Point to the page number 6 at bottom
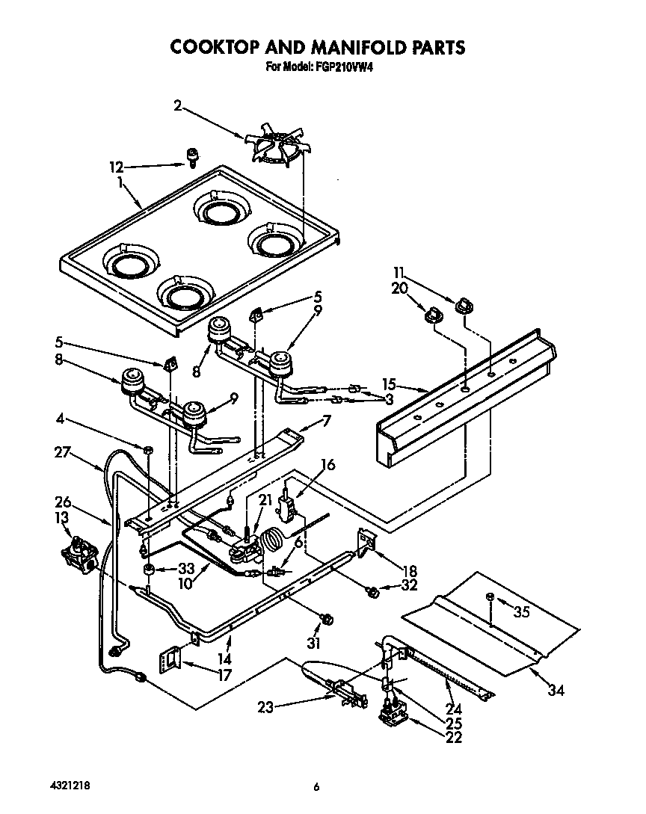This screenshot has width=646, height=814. click(316, 786)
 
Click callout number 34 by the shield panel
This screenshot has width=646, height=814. click(555, 691)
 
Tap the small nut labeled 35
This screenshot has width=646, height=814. click(490, 596)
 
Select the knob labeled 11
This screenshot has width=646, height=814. click(464, 305)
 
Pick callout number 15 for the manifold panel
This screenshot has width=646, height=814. click(388, 385)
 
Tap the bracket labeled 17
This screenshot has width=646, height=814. click(171, 659)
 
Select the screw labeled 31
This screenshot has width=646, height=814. click(327, 619)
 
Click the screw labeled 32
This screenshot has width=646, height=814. click(372, 592)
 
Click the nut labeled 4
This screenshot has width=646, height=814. click(148, 449)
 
